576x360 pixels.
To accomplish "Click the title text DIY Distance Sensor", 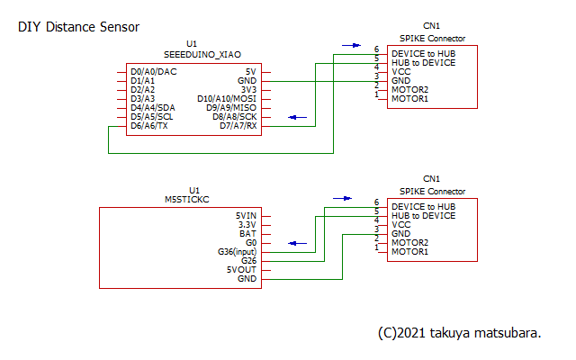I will click(78, 27).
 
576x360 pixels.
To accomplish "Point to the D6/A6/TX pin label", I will click(149, 126).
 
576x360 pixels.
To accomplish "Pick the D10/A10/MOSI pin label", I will click(228, 99).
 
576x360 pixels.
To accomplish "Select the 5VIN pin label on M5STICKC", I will click(247, 216).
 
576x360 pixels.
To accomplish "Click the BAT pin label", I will click(249, 234).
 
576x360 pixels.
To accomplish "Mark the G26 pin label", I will click(249, 261).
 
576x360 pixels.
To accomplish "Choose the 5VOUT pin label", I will click(242, 270).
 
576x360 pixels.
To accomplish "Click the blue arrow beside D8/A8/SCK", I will click(296, 117).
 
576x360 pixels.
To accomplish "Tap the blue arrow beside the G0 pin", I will click(296, 243).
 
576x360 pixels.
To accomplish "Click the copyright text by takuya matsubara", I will click(459, 333).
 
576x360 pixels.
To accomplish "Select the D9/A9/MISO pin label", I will click(231, 108).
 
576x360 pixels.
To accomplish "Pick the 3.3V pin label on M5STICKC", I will click(247, 225).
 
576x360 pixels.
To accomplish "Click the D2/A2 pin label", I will click(142, 90).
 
